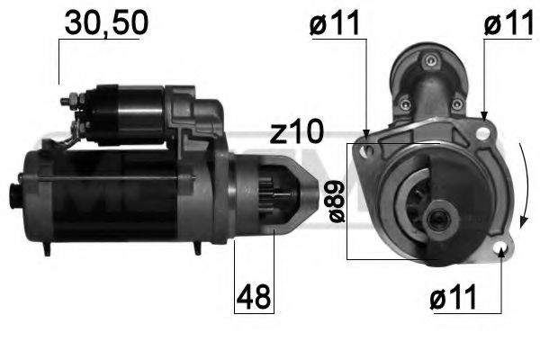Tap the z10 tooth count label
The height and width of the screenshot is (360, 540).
[x=296, y=132]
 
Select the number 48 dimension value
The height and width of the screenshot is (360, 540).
[x=255, y=297]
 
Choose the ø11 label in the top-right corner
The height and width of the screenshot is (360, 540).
[x=508, y=25]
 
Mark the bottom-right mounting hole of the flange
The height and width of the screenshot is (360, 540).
[x=501, y=248]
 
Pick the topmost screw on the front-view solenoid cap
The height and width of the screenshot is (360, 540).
[x=429, y=60]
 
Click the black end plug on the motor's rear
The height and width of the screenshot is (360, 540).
[x=14, y=193]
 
